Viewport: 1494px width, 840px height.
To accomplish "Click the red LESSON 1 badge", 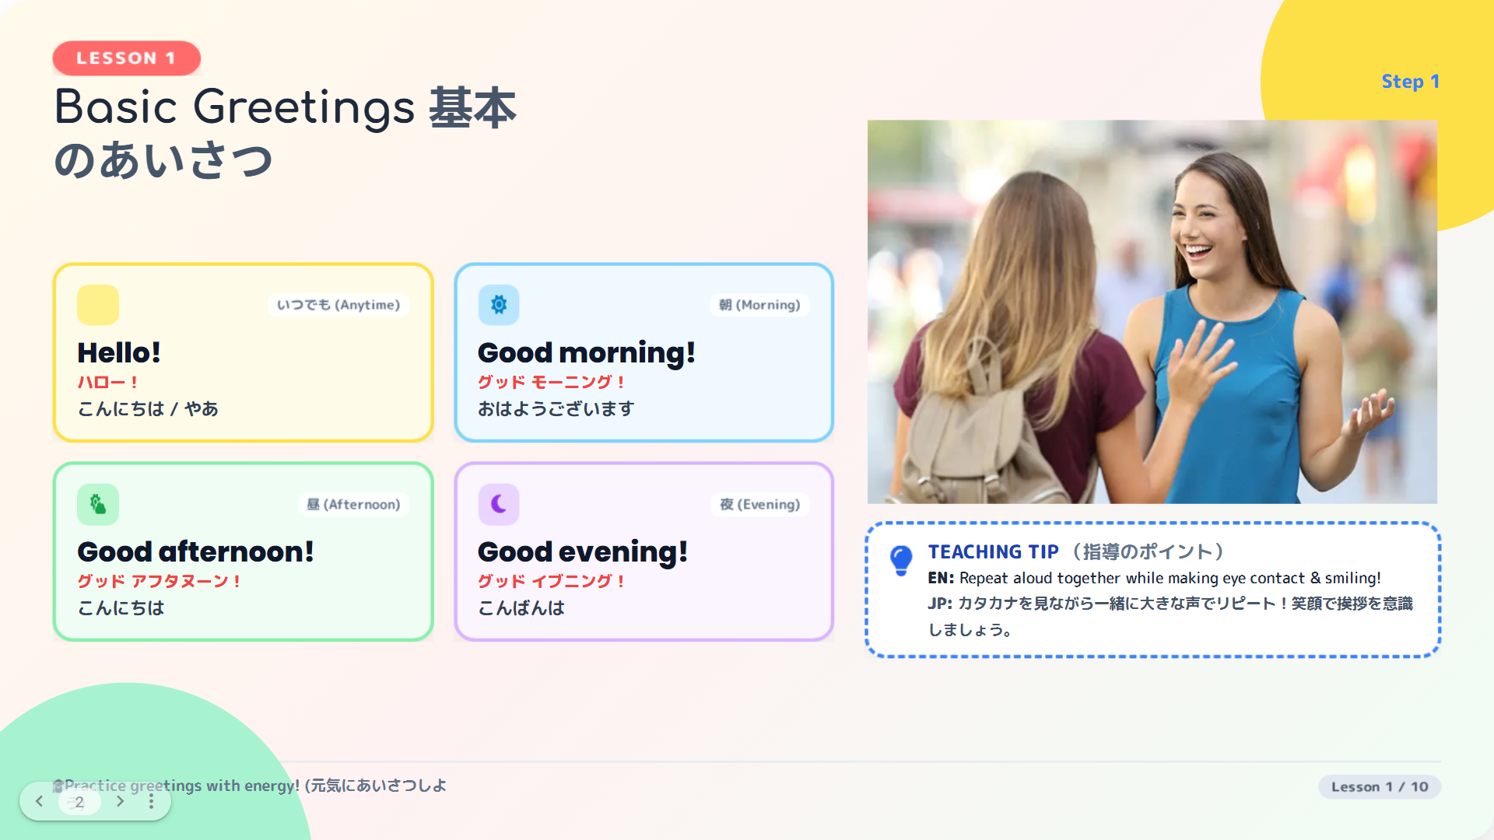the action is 126,58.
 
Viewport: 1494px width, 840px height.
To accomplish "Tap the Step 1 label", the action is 1410,82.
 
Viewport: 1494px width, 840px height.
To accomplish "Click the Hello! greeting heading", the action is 119,352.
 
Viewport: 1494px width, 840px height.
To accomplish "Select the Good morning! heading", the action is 586,352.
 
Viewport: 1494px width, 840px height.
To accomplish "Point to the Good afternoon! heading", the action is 195,551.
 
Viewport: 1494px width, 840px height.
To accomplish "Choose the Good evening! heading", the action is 583,551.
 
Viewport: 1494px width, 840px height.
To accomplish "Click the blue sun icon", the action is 499,305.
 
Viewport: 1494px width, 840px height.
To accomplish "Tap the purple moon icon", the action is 499,504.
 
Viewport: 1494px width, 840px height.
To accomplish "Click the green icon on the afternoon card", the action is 98,504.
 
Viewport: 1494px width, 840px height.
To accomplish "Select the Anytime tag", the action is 338,305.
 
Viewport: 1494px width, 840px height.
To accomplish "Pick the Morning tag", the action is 759,305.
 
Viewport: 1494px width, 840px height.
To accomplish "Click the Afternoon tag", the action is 353,504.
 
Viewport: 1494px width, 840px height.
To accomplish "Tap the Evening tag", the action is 759,504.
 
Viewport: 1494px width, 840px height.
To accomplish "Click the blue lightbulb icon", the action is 901,560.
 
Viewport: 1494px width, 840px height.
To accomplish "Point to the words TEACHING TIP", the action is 993,551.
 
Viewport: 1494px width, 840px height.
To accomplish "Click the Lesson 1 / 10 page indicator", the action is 1380,786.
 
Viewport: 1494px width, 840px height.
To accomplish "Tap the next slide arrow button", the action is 120,801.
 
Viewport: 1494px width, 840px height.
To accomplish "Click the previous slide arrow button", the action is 39,801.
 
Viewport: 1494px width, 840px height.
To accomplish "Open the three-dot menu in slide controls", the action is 151,801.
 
